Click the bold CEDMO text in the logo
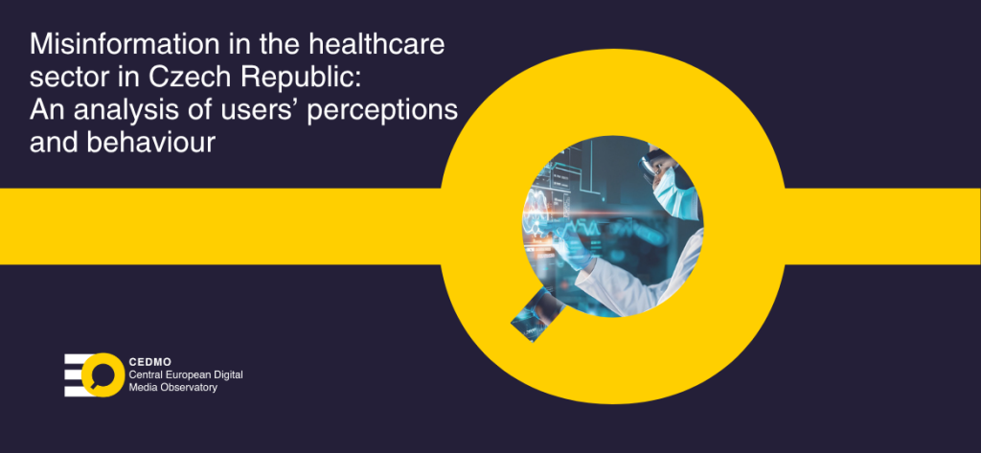pyautogui.click(x=150, y=362)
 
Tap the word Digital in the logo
pyautogui.click(x=227, y=374)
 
